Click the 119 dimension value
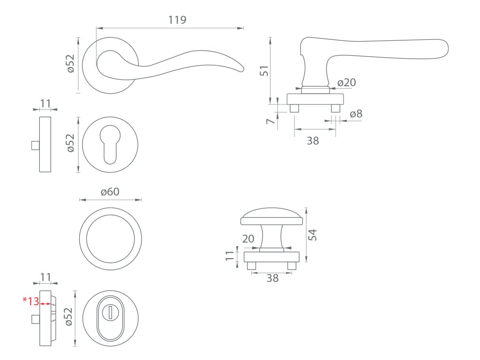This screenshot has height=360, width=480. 177,20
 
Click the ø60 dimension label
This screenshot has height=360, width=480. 110,192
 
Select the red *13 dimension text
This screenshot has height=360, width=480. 31,301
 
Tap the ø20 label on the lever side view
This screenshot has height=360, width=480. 347,83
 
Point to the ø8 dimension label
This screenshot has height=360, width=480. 356,114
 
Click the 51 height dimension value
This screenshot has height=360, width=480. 264,71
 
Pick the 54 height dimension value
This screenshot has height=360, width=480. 313,235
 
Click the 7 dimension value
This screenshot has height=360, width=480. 270,121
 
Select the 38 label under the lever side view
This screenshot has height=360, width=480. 313,140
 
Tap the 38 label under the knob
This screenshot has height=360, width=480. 272,278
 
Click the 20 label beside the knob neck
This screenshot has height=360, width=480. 248,239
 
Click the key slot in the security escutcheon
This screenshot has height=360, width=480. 111,313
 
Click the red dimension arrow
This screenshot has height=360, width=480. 45,304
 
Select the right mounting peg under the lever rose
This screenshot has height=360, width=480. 335,108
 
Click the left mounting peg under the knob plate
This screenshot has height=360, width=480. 252,266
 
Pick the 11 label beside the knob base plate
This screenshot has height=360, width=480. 230,256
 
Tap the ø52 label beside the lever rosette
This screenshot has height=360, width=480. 71,64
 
